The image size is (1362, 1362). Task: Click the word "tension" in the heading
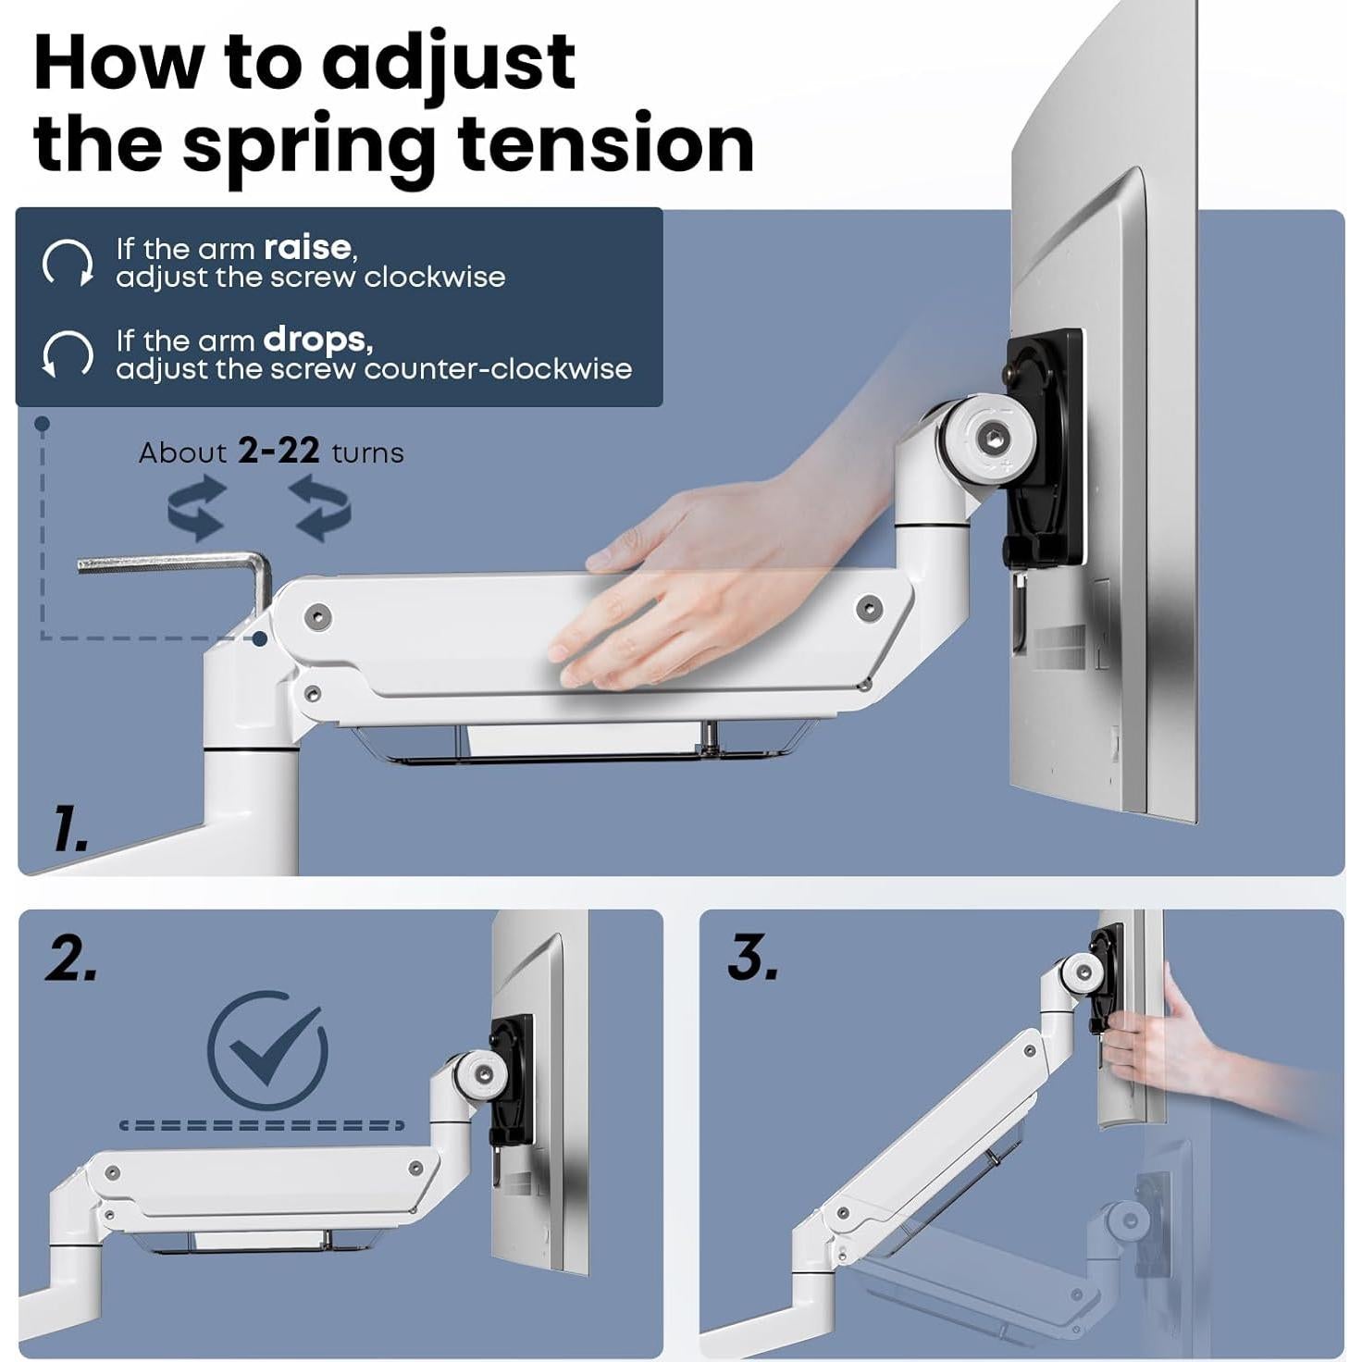coord(605,145)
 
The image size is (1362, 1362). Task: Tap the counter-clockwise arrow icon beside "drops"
coord(68,354)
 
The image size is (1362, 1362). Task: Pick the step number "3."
coord(753,960)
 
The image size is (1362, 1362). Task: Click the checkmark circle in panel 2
coord(267,1051)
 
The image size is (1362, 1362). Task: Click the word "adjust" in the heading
coord(449,66)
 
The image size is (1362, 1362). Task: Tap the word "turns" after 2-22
coord(367,452)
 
